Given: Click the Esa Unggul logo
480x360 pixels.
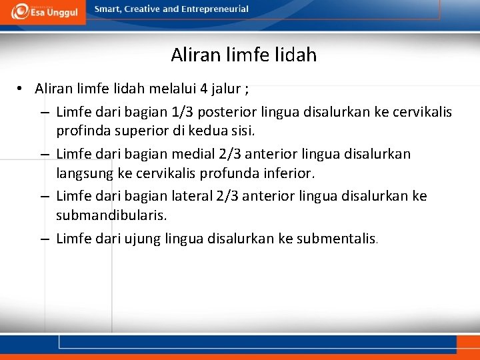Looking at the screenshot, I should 43,12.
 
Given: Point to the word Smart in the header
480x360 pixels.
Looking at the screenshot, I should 107,9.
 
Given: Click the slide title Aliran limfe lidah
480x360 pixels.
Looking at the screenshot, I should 243,55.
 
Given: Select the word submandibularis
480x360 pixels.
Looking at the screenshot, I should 111,214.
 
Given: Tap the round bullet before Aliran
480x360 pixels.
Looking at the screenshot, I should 22,88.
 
